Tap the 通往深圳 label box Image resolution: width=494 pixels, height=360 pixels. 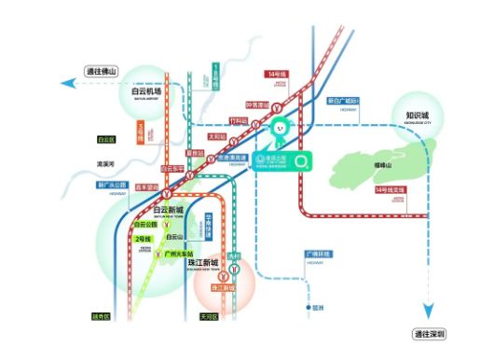click(x=430, y=334)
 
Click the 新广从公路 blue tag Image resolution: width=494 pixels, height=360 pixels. click(x=111, y=185)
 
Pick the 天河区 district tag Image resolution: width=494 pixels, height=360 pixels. click(x=208, y=316)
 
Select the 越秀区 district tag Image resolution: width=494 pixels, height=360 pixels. click(x=101, y=316)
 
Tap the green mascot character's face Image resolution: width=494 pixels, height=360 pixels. click(x=278, y=126)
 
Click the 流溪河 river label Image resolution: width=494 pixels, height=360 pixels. click(x=104, y=164)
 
